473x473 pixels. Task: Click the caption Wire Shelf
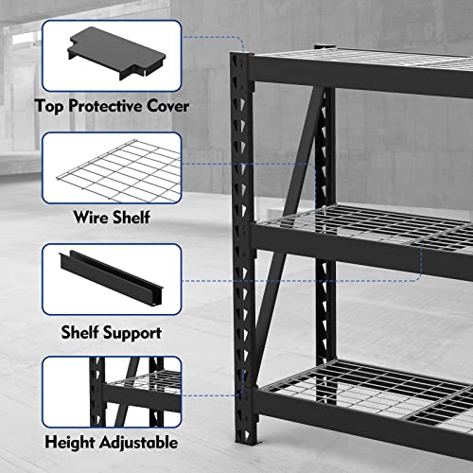pos(112,219)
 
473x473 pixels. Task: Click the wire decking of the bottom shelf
pos(378,383)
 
